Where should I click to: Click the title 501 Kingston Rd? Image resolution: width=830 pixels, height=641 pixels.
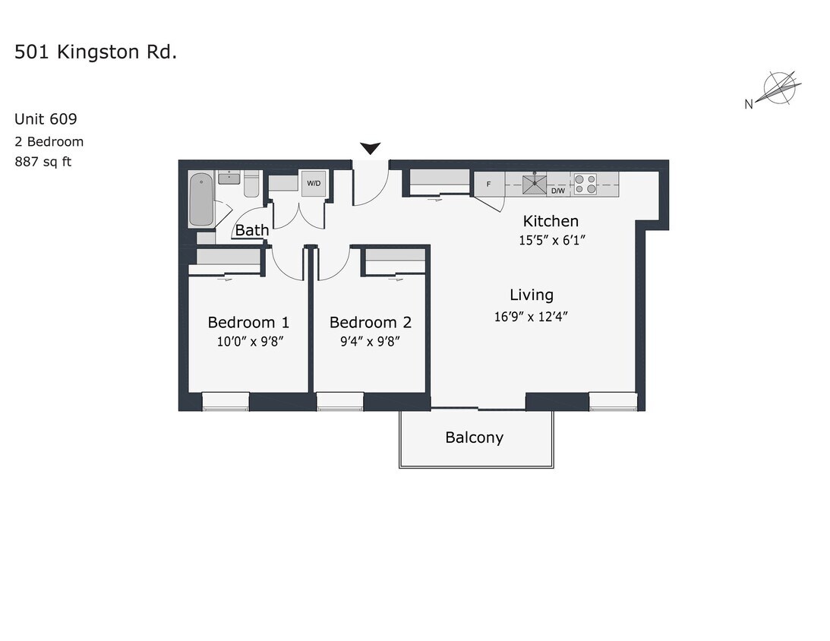tap(96, 52)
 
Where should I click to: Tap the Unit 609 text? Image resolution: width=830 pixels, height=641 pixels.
tap(46, 118)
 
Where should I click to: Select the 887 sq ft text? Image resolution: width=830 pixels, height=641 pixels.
tap(43, 161)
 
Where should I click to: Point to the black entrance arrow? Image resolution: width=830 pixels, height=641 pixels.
tap(371, 148)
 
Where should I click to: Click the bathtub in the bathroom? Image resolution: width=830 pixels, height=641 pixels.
tap(201, 200)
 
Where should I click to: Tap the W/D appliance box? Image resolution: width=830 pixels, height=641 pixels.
tap(314, 184)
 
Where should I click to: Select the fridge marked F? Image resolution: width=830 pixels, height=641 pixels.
tap(488, 184)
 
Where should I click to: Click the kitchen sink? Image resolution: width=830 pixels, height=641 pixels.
tap(535, 183)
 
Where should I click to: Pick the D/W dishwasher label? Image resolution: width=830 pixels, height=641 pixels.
tap(557, 190)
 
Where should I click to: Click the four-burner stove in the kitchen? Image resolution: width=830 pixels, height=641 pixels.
tap(584, 184)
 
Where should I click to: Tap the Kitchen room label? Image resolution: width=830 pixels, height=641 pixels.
tap(551, 221)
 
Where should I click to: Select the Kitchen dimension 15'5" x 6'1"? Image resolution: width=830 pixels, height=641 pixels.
tap(551, 240)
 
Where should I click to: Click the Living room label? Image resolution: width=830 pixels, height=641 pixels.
tap(531, 295)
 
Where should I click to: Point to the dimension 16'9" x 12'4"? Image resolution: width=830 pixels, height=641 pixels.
tap(531, 316)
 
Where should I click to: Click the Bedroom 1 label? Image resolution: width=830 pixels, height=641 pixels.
tap(248, 322)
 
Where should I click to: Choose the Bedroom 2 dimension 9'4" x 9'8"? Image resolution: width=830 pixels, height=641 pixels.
tap(370, 341)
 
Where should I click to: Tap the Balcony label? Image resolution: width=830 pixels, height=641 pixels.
tap(474, 437)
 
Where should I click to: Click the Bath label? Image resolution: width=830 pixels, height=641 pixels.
tap(251, 230)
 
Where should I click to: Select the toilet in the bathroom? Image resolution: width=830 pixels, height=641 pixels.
tap(251, 185)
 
